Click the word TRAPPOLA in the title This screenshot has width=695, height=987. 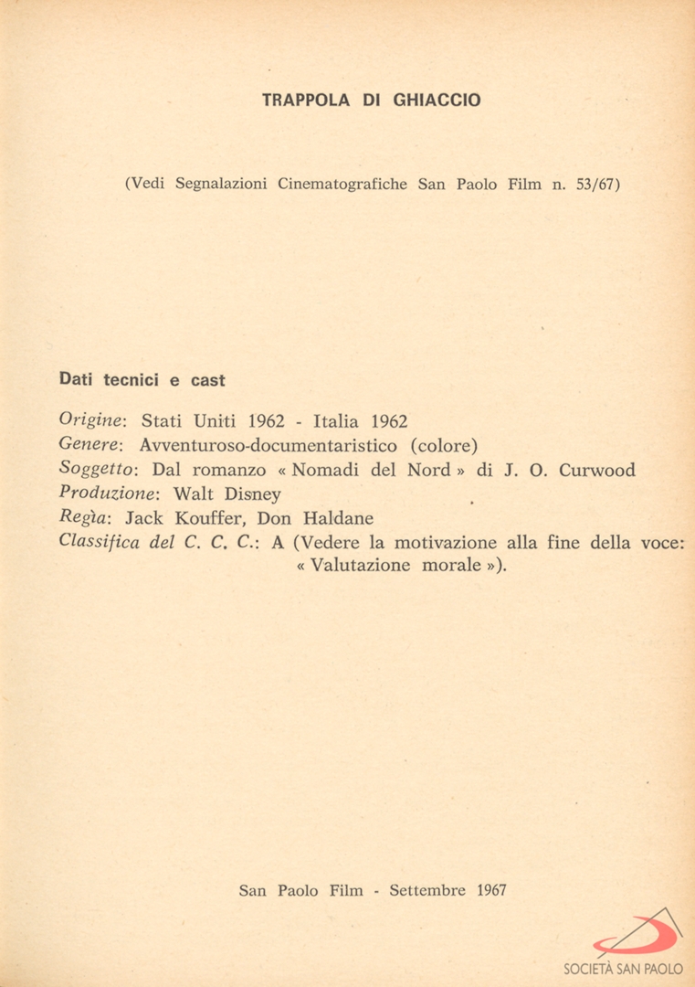tap(306, 101)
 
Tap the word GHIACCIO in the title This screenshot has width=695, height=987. tap(437, 101)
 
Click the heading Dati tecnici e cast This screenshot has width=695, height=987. tap(142, 379)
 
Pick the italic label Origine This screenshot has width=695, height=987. tap(91, 421)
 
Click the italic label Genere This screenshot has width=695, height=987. tap(90, 446)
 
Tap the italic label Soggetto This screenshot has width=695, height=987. tap(97, 470)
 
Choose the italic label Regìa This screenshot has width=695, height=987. tap(84, 518)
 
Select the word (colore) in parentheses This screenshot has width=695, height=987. tap(443, 446)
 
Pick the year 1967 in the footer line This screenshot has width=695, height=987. tap(491, 890)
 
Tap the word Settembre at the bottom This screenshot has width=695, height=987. tap(427, 890)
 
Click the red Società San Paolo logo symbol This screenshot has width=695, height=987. tap(638, 933)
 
